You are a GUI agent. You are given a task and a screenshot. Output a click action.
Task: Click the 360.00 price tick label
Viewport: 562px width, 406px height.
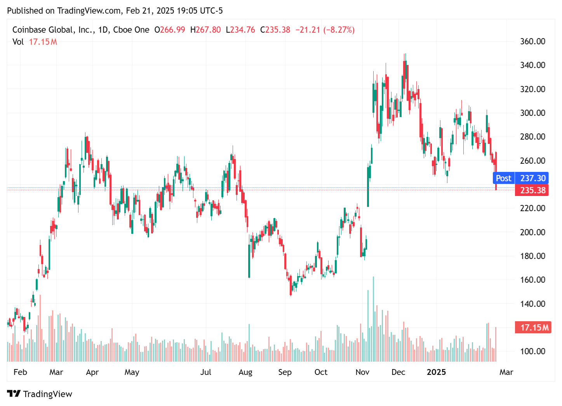532,41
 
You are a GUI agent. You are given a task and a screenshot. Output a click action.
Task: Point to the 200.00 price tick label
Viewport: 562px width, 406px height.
532,232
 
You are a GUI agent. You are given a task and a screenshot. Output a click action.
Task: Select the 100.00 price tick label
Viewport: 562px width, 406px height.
532,351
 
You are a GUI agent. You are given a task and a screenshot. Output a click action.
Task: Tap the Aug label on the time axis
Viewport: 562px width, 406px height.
245,372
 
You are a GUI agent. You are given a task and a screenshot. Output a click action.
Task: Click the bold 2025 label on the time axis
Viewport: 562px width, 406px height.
436,372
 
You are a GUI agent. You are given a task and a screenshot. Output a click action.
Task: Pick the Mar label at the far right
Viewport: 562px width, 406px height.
506,372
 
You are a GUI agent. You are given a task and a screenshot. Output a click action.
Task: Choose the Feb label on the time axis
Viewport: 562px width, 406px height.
20,372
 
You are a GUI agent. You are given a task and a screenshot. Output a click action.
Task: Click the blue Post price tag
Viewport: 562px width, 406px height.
503,178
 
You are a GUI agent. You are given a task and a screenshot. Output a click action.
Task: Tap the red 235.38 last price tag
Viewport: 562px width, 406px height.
532,190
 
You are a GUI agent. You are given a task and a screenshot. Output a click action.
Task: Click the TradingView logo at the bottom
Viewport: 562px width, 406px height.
40,394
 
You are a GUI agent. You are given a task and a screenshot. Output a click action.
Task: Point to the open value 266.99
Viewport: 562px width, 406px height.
172,30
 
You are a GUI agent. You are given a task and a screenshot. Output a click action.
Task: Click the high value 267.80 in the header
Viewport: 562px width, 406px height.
208,30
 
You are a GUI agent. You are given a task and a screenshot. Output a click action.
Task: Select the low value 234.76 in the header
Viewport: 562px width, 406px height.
243,30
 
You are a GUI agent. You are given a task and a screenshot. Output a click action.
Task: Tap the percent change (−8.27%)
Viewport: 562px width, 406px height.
339,30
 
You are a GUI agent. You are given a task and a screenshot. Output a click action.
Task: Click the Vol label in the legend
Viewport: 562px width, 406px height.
18,42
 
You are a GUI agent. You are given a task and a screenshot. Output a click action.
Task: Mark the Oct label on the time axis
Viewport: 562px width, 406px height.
321,372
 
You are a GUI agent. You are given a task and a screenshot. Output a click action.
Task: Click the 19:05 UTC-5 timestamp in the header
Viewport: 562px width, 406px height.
200,10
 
